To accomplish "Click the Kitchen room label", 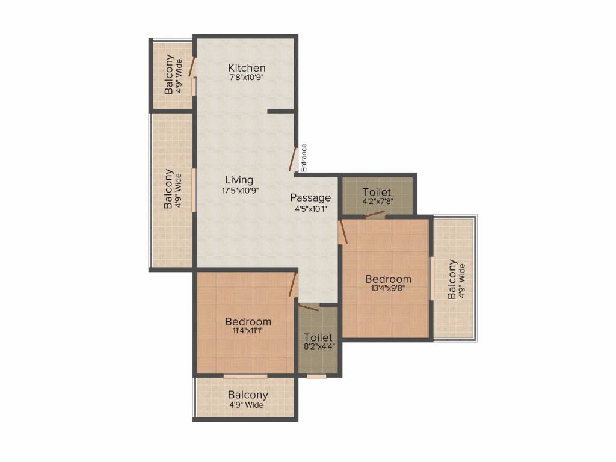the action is [247, 67].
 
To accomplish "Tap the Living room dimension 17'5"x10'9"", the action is [241, 191].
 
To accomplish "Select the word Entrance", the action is [304, 158].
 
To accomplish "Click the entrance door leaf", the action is [292, 159].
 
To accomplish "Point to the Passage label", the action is [310, 197].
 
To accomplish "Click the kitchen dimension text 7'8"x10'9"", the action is [246, 78].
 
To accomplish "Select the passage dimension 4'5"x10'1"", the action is [311, 209].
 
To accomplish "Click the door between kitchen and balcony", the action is [192, 66].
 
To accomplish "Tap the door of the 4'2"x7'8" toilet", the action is [374, 214].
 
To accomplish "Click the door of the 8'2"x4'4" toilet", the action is [309, 307].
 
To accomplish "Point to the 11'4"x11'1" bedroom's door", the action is [292, 285].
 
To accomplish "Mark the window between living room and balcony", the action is [194, 190].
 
